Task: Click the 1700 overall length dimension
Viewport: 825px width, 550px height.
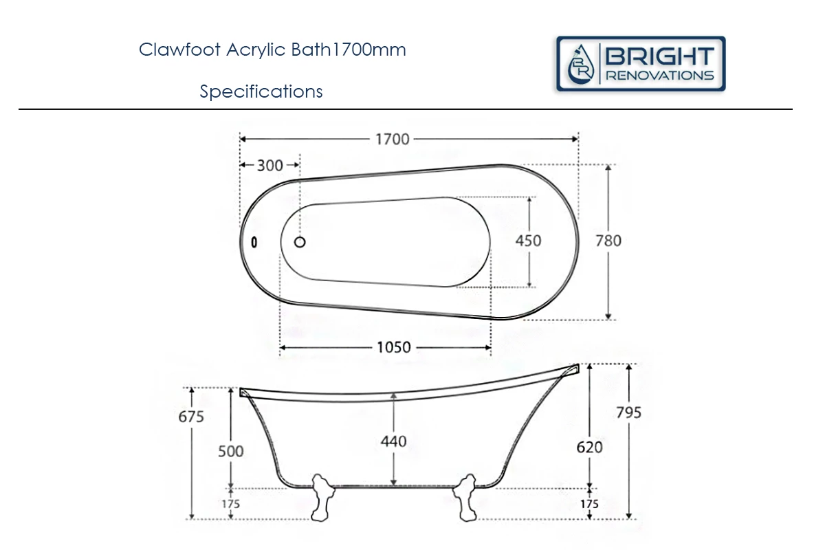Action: tap(392, 140)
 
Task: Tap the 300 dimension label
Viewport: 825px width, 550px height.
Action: tap(270, 166)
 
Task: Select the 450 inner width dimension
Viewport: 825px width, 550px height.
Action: tap(528, 241)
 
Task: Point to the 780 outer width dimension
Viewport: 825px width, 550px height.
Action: tap(608, 241)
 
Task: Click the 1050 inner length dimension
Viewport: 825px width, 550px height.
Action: tap(394, 347)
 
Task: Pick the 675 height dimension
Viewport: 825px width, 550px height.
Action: tap(191, 417)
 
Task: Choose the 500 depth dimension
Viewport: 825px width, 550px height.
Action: tap(231, 451)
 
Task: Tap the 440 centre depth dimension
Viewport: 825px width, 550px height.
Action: tap(393, 441)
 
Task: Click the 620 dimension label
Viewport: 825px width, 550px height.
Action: tap(589, 447)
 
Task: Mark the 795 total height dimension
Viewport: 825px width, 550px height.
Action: tap(628, 412)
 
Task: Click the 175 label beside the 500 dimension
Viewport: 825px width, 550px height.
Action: tap(231, 504)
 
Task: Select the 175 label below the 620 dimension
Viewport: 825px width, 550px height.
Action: tap(589, 504)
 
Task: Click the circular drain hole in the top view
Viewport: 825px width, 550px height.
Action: tap(300, 241)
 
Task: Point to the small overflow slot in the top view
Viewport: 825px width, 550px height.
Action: tap(254, 242)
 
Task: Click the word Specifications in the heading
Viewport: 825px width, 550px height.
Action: tap(261, 91)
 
